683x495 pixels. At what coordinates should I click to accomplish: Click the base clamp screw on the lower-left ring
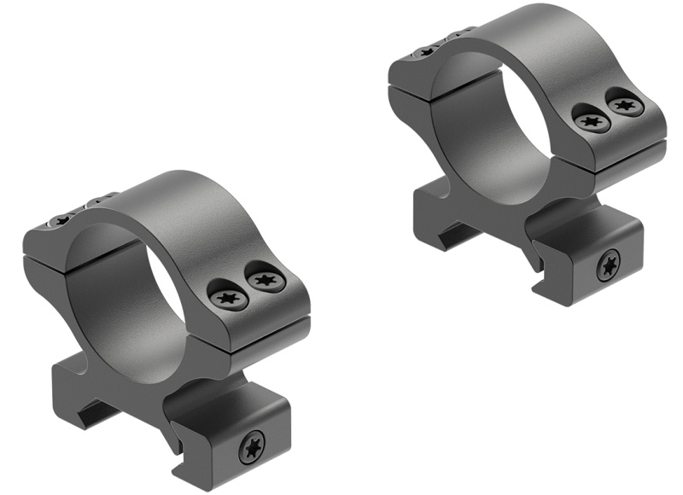(252, 445)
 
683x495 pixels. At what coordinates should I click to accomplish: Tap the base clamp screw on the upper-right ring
(609, 265)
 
